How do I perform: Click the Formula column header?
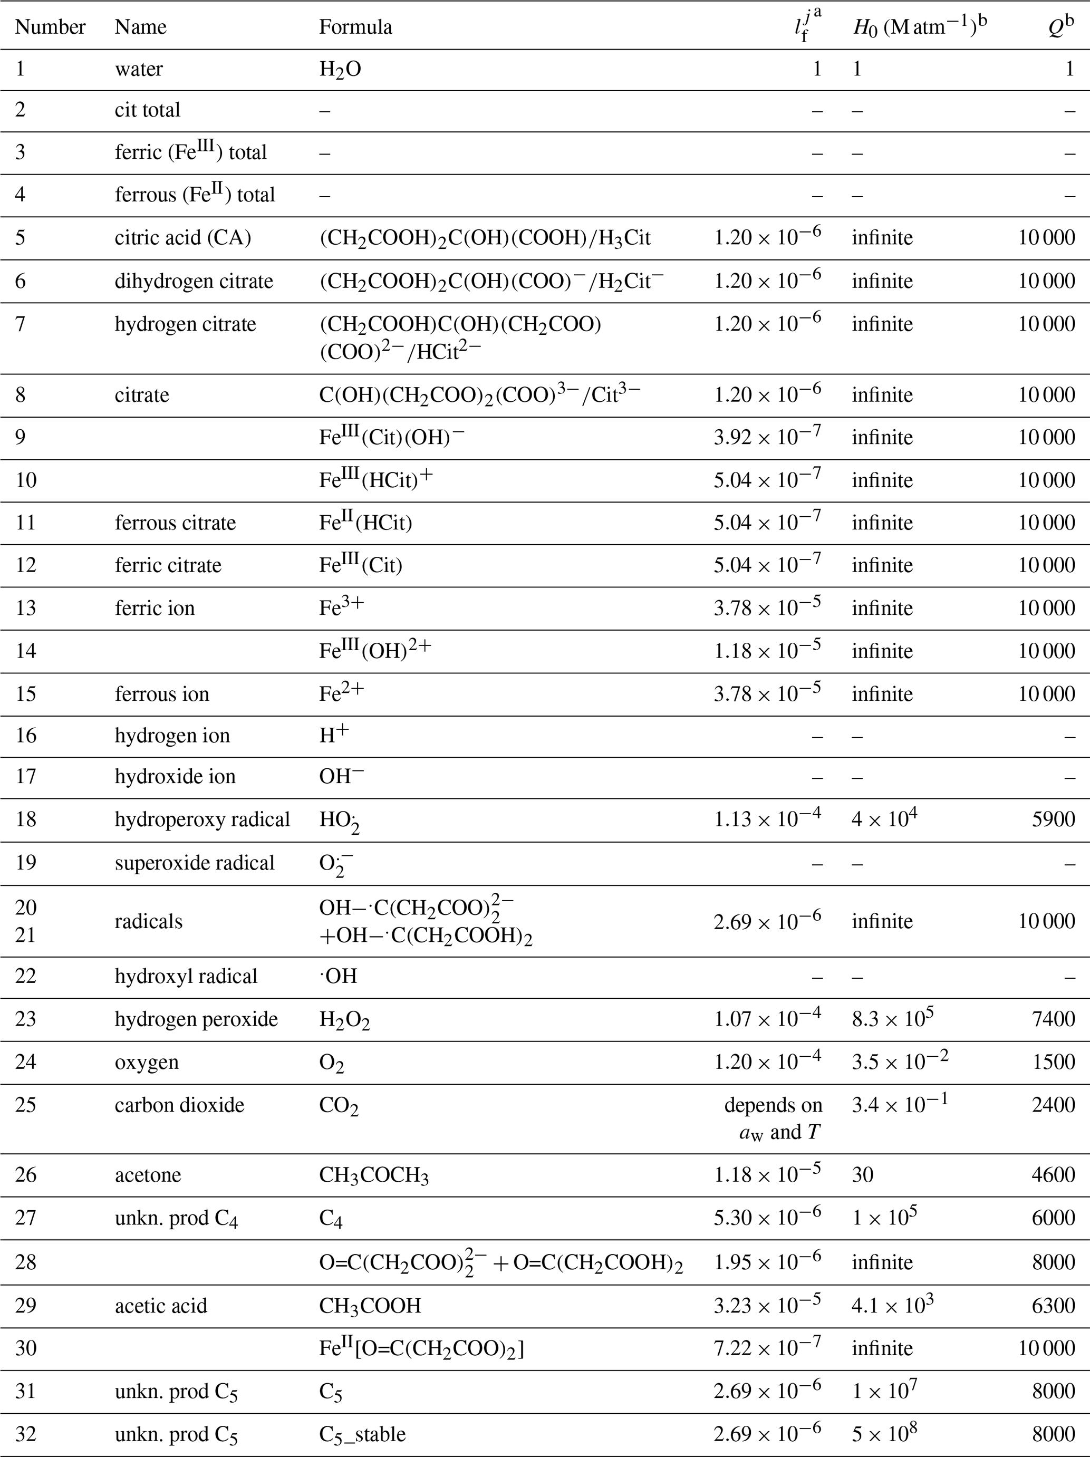[x=355, y=27]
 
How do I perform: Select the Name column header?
[x=140, y=27]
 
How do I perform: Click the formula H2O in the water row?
[x=340, y=69]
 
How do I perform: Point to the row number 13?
[x=26, y=607]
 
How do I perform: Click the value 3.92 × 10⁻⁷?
[x=767, y=437]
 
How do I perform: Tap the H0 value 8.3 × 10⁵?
[x=892, y=1019]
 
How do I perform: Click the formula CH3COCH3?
[x=373, y=1175]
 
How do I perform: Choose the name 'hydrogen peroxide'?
[x=196, y=1019]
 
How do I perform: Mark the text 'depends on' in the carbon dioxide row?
[x=773, y=1105]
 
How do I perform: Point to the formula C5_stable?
[x=362, y=1434]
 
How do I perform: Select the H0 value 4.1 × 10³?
[x=892, y=1306]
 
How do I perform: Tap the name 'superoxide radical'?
[x=194, y=863]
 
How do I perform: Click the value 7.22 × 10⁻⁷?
[x=767, y=1348]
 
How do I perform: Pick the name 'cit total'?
[x=148, y=110]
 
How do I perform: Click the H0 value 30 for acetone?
[x=863, y=1175]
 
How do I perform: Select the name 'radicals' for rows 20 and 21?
[x=148, y=921]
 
